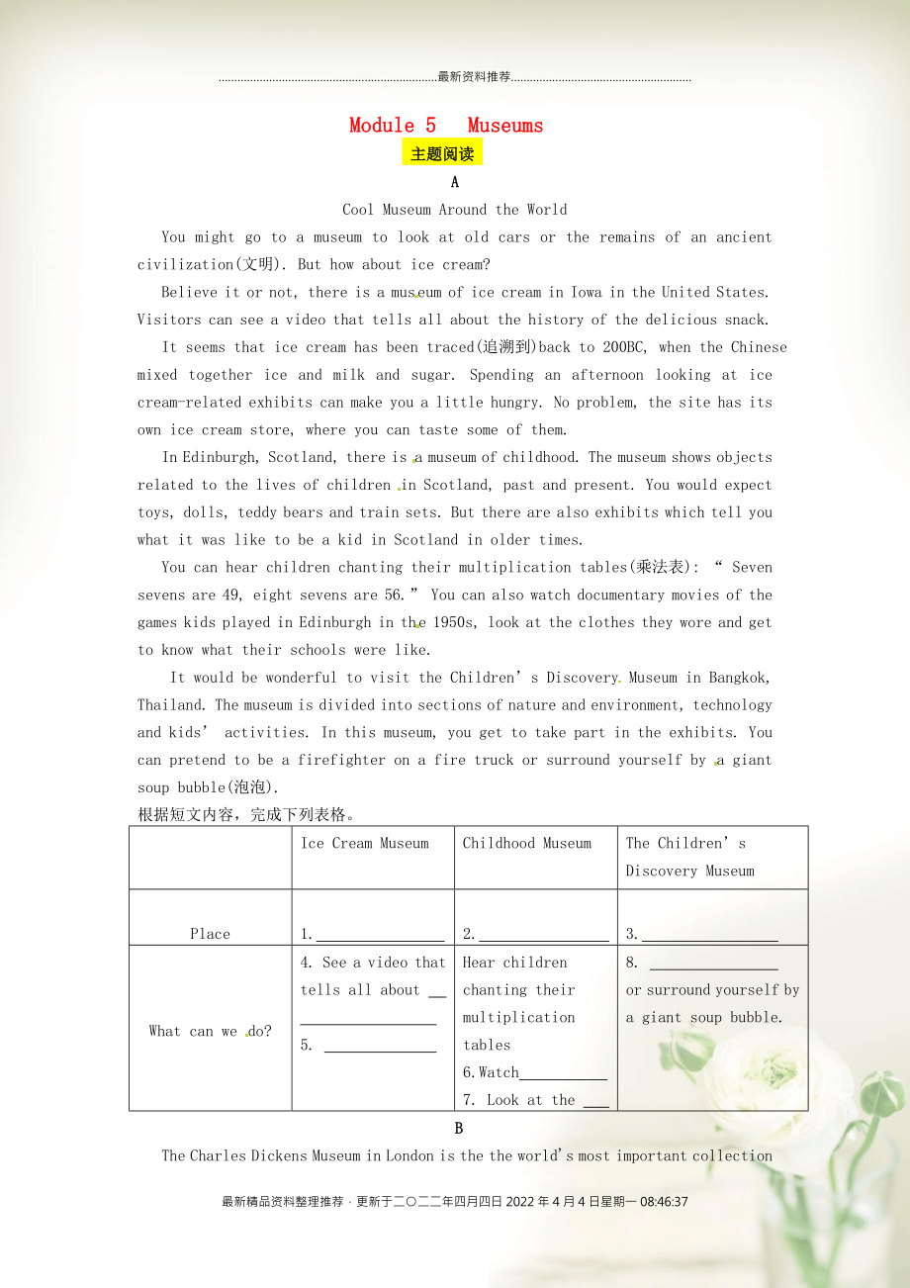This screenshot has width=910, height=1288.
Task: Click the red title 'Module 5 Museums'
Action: point(446,126)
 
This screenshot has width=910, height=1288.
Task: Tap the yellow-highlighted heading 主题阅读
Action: point(442,154)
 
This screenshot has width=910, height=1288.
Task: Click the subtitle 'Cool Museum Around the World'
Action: point(454,210)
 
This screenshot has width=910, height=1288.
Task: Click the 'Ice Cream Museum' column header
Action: point(365,844)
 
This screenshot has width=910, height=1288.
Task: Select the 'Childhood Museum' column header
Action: point(527,844)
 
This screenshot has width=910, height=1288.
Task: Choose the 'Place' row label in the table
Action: point(210,934)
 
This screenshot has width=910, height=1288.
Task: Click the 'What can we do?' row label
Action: point(210,1031)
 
